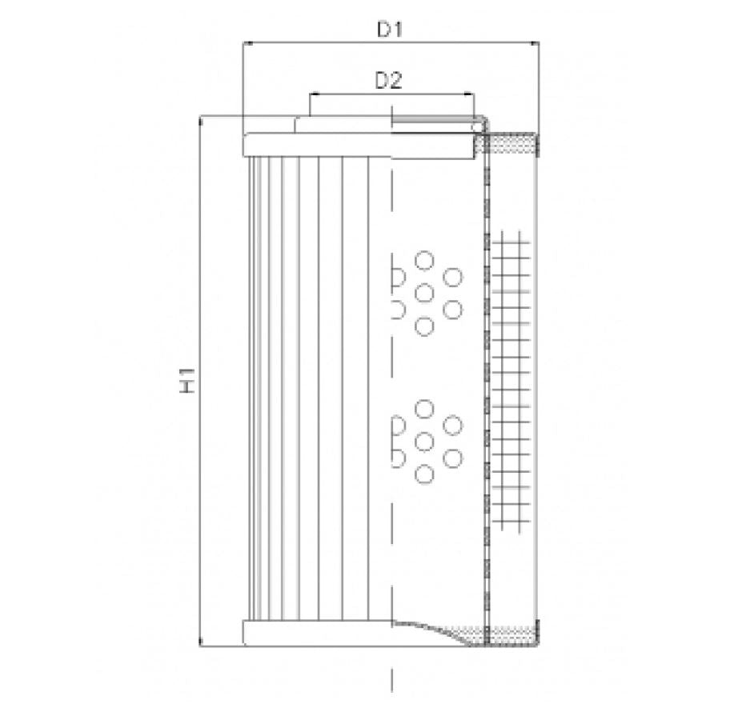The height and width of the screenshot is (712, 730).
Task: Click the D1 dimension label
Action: pos(390,30)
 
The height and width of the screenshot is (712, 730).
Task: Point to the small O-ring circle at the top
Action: pos(478,126)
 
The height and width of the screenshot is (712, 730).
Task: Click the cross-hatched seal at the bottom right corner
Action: pos(512,634)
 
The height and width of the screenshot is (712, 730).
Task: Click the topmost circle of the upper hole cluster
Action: pos(425,260)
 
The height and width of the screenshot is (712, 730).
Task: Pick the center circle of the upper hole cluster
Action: pos(425,293)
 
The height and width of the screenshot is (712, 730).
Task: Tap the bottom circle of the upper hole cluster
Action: pos(425,326)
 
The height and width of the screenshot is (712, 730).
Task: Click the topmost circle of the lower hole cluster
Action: pos(425,409)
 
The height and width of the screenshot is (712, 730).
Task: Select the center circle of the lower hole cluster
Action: pos(425,441)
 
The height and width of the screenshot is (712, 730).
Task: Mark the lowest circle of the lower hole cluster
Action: pos(425,474)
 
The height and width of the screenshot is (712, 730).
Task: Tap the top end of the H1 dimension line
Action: pos(199,116)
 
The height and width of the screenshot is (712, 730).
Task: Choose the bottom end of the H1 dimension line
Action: pos(199,645)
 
